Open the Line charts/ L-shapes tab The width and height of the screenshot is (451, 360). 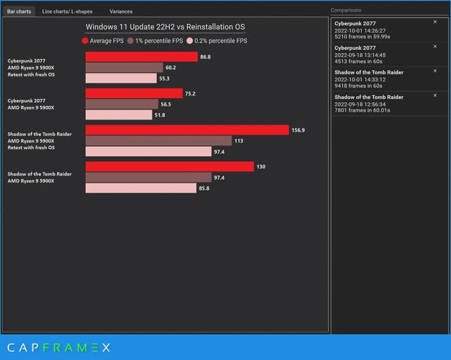[x=67, y=11]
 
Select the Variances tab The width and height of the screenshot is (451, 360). [x=121, y=11]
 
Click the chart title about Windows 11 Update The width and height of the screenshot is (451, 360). [x=165, y=26]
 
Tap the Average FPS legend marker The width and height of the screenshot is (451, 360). [x=85, y=41]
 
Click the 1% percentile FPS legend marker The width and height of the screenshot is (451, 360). [x=130, y=41]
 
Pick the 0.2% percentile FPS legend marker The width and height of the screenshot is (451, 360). [x=190, y=41]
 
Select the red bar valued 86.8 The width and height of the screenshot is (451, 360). [x=141, y=56]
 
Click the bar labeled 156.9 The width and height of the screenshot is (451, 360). [x=187, y=130]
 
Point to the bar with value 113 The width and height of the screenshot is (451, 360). [x=159, y=141]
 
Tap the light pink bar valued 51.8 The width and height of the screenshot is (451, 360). [x=119, y=115]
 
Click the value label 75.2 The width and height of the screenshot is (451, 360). [x=190, y=93]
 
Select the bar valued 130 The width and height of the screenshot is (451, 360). [x=169, y=166]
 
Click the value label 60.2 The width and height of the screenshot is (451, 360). [x=171, y=67]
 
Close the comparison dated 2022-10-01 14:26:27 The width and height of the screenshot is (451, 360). [x=435, y=22]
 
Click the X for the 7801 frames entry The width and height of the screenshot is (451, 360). [x=435, y=96]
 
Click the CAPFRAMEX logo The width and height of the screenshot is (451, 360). [x=58, y=347]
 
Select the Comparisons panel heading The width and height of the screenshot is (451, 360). [x=346, y=10]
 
